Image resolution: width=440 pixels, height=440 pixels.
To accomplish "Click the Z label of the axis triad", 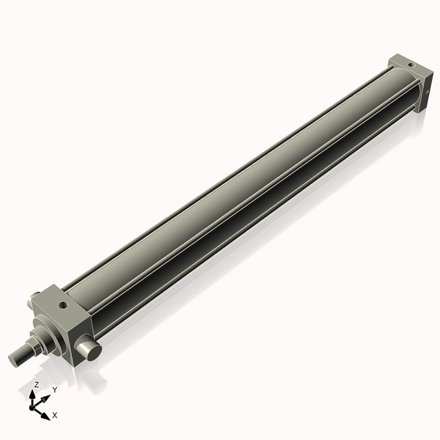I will point(36,384).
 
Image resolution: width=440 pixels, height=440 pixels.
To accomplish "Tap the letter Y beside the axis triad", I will point(55,389).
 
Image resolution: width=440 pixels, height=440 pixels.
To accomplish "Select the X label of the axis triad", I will point(55,415).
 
